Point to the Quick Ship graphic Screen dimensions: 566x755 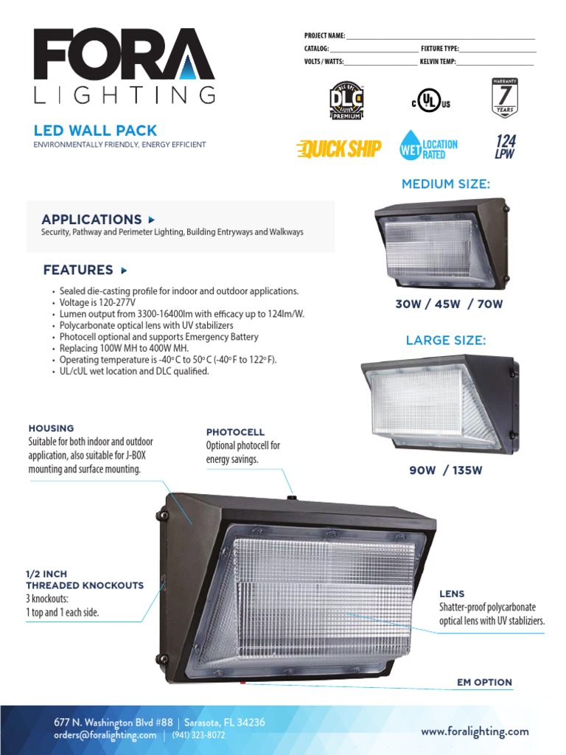(338, 149)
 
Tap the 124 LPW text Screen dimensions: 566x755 (506, 147)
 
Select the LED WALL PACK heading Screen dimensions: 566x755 (96, 131)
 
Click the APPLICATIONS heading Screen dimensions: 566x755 (91, 219)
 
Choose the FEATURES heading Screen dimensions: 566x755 (78, 270)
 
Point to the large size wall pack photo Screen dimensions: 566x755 (441, 406)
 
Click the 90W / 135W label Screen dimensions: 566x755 (445, 470)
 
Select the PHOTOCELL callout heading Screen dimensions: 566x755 (235, 432)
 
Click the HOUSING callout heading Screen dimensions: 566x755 (51, 428)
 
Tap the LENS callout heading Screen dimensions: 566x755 (452, 594)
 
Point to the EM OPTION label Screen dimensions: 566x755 (484, 682)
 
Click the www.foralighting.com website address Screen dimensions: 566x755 (475, 731)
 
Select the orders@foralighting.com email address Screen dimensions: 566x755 (105, 735)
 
